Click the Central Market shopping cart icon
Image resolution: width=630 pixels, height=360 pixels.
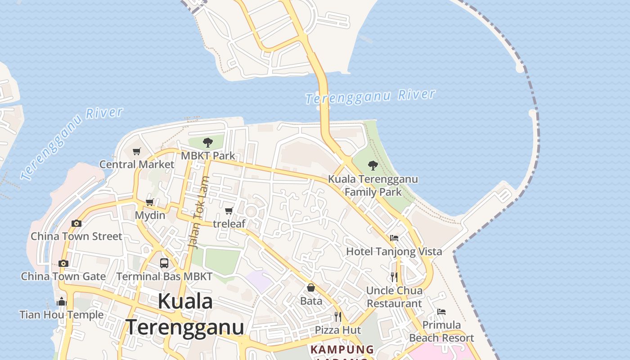pos(137,152)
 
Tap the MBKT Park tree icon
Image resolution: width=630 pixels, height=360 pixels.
pos(207,143)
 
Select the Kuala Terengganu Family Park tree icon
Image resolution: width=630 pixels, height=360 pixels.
pos(373,166)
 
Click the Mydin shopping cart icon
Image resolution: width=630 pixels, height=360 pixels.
pos(150,202)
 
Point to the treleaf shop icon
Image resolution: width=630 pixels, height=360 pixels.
pos(229,211)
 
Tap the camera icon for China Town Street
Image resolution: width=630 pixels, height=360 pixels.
pos(76,223)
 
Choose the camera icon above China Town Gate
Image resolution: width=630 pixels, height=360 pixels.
pos(63,263)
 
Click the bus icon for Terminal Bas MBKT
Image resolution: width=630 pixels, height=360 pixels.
pos(164,263)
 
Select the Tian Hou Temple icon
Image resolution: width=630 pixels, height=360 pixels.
pos(62,301)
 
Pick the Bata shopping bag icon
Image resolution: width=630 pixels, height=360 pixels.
pos(311,288)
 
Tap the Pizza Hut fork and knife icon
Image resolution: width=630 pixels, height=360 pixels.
pos(338,317)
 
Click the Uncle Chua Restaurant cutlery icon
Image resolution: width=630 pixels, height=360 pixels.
pos(394,277)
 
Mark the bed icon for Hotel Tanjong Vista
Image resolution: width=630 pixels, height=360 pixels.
pos(394,238)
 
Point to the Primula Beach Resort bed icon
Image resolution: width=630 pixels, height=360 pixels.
pos(441,312)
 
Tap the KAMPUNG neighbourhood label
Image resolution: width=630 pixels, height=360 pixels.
pos(342,349)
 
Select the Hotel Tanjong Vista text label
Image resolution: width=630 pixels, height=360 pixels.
pos(394,252)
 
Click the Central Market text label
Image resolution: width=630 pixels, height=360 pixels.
pos(136,164)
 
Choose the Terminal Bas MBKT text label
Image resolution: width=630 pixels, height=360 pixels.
pos(164,276)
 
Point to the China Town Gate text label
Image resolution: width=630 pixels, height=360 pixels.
pos(63,276)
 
